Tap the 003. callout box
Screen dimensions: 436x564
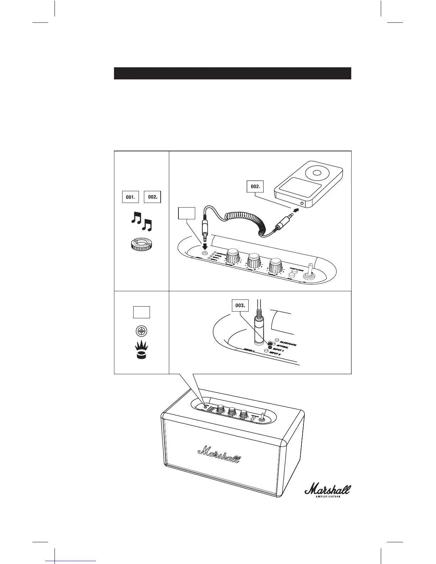click(240, 305)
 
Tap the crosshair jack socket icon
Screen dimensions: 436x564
click(141, 331)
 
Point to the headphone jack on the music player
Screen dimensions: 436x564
click(303, 204)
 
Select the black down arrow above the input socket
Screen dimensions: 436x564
click(205, 246)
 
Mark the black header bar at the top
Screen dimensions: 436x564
click(232, 73)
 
